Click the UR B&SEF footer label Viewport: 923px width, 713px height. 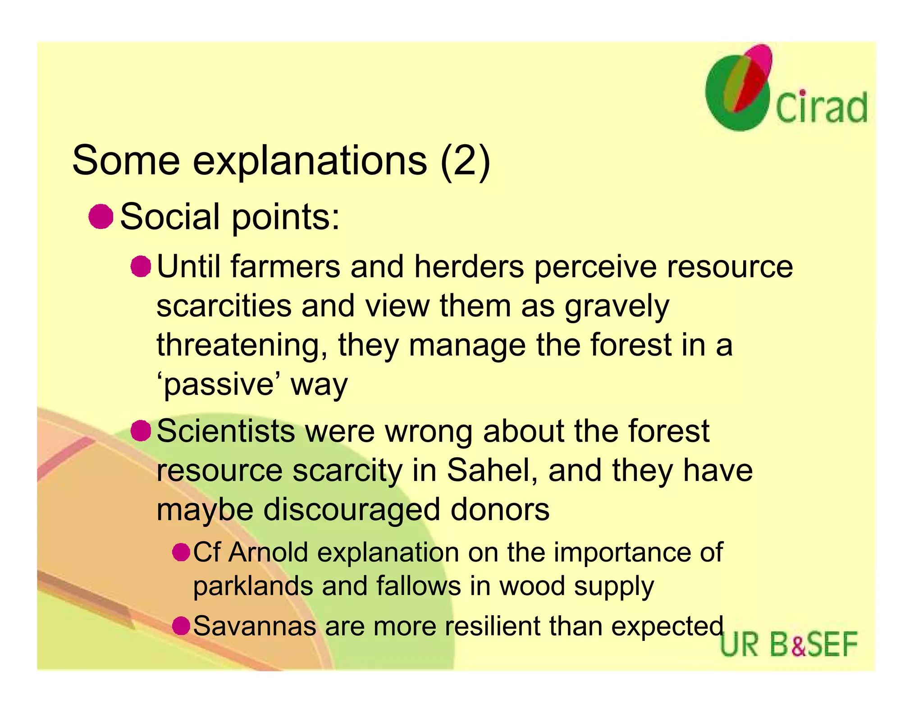789,644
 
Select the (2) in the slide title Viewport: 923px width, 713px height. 465,161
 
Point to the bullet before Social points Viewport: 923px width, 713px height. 101,217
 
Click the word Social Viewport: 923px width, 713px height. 170,217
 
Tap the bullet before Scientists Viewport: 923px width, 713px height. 141,430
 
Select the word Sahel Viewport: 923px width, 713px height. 492,470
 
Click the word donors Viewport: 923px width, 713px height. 500,509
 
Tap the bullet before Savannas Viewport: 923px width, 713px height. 181,626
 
